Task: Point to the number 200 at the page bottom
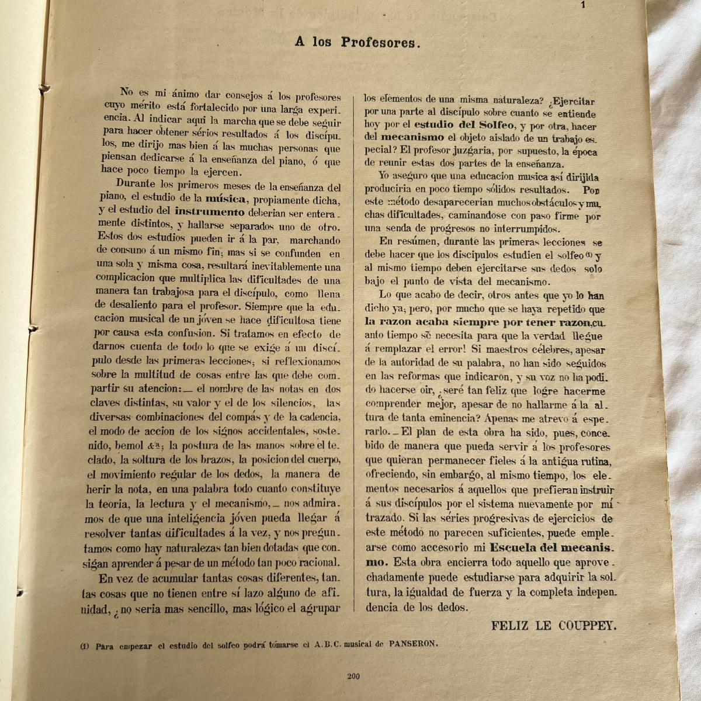[x=352, y=676]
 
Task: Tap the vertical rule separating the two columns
[x=354, y=350]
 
